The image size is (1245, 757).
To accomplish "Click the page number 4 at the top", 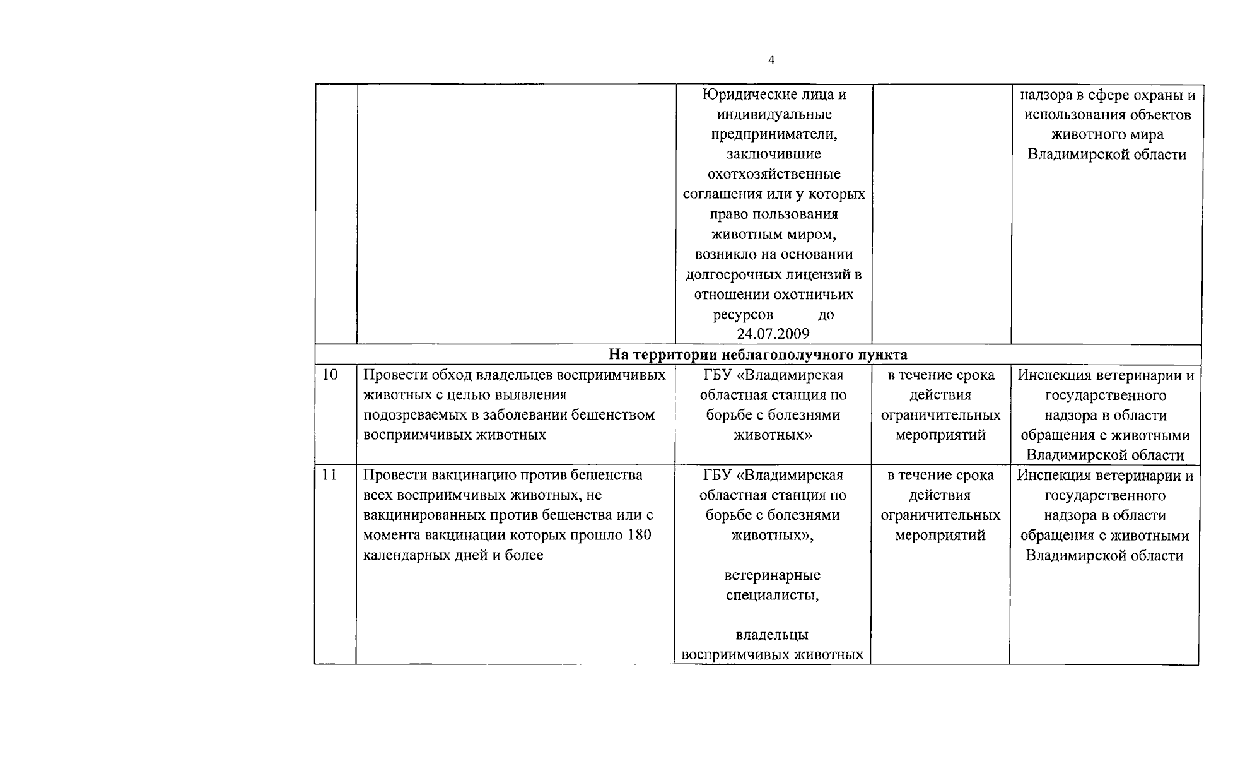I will (771, 60).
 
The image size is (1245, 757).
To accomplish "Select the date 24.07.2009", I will (773, 334).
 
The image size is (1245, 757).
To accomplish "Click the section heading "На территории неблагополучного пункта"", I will (757, 355).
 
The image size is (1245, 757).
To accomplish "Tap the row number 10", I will (330, 375).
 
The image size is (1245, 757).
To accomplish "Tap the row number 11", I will (330, 475).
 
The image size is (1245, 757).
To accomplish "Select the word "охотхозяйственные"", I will (774, 174).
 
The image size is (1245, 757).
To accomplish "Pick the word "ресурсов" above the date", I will (743, 314).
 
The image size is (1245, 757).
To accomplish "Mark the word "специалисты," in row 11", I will (772, 595).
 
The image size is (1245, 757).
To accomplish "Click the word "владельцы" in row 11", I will (772, 635).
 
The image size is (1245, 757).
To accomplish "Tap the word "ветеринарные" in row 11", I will (772, 575).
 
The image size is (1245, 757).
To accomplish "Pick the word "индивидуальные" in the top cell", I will (774, 114).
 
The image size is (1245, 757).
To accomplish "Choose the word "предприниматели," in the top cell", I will (774, 134).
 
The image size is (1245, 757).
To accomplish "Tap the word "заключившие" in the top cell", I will (774, 154).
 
